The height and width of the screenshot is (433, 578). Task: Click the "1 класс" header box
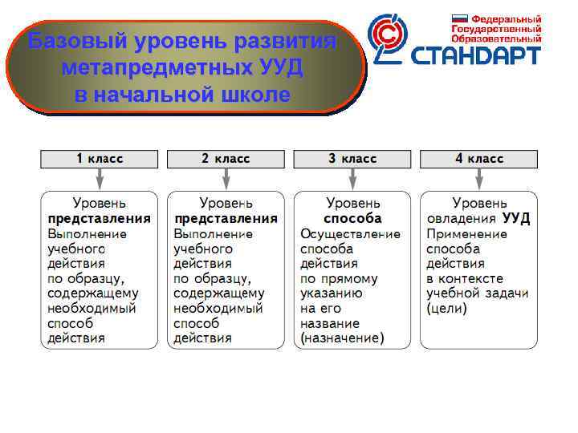point(100,159)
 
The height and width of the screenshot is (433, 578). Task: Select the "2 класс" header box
point(226,159)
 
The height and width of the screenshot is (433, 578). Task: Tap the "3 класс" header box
point(352,159)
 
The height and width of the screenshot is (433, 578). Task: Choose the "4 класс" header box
point(479,159)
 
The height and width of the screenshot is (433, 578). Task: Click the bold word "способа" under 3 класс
point(352,218)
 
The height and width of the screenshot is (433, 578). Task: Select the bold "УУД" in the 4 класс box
point(516,218)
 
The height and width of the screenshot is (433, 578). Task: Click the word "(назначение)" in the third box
point(342,338)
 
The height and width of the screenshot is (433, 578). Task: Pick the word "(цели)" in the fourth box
point(446,309)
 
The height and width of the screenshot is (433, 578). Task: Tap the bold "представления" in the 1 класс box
point(100,218)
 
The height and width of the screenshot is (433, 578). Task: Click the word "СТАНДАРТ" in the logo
point(476,55)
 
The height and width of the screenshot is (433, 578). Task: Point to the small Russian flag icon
point(460,18)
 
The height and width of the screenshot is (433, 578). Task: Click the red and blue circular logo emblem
point(389,38)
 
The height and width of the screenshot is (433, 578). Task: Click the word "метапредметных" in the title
point(181,67)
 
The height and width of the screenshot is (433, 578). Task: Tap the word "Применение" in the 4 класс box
point(467,233)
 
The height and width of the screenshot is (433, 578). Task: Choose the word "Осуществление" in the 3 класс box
point(350,233)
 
